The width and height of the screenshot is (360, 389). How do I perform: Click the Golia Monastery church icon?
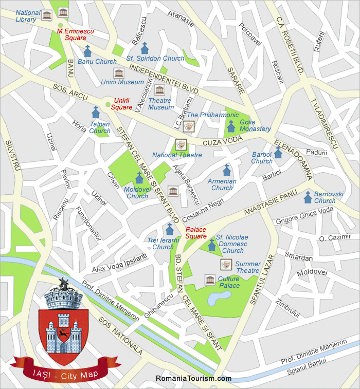tap(231, 125)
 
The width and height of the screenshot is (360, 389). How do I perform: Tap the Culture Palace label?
tap(229, 282)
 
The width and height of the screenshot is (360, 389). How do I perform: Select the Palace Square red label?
tap(195, 233)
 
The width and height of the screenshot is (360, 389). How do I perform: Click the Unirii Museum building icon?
tap(118, 73)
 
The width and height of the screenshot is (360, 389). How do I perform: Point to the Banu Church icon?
tap(87, 50)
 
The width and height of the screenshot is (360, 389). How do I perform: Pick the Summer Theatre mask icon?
tap(225, 264)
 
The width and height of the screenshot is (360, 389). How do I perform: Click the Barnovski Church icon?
tap(308, 196)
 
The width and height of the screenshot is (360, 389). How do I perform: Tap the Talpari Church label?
tap(100, 127)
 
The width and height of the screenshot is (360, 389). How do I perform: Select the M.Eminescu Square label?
tap(71, 34)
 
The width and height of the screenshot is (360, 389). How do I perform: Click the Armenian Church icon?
tap(226, 170)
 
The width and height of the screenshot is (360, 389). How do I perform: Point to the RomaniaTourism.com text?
tap(193, 379)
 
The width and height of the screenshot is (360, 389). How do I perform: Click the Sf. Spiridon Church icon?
tap(145, 48)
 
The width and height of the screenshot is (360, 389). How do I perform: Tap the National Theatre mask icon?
tap(180, 144)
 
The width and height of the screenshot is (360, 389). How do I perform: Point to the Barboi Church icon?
tap(278, 152)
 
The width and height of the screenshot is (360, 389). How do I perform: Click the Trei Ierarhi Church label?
tap(163, 244)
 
